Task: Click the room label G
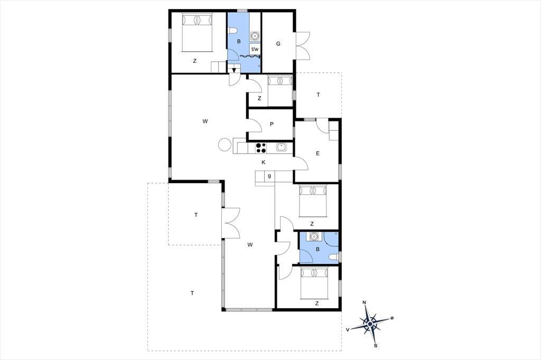coord(278,44)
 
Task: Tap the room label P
coord(272,124)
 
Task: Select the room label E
coord(318,154)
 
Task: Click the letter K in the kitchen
coord(263,163)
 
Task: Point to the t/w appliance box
coord(255,49)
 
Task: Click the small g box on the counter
coord(269,176)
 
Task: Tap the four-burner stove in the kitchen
coord(261,148)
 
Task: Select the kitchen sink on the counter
coord(282,147)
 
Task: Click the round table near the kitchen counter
coord(225,144)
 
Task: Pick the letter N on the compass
coord(365,303)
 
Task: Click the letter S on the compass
coord(376,345)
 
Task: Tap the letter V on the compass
coord(348,330)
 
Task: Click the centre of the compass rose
coord(370,324)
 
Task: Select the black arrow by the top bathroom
coord(234,70)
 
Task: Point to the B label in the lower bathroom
coord(318,249)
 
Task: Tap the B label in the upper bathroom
coord(238,41)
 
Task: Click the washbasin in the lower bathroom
coord(314,236)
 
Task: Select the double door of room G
coord(303,46)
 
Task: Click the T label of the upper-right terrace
coord(318,94)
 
